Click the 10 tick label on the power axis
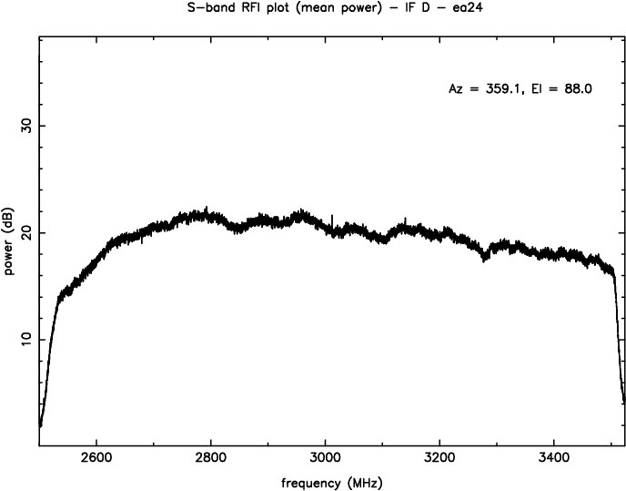point(25,339)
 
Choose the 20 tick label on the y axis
point(25,232)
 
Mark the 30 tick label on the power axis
point(25,125)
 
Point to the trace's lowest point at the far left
point(40,425)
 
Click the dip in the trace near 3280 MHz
point(485,259)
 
